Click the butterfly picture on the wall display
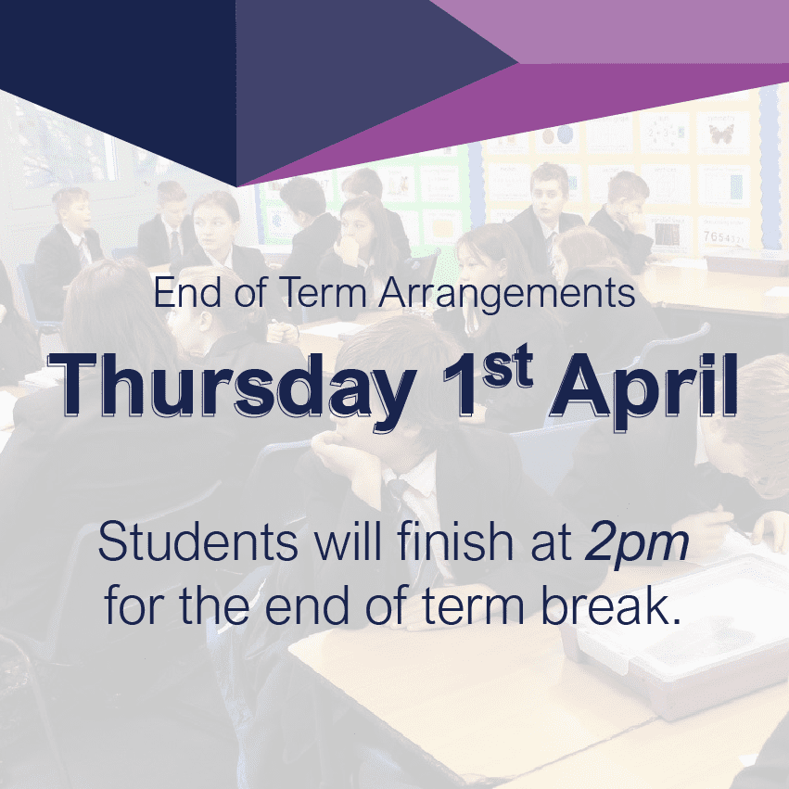click(x=721, y=133)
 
